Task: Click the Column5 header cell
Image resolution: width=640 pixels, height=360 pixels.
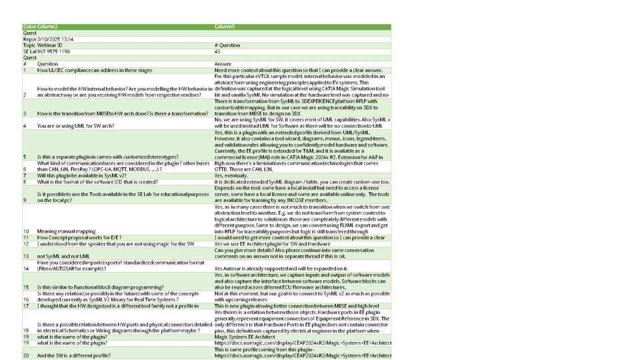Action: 225,27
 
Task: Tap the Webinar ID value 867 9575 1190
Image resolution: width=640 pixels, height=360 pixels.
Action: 53,51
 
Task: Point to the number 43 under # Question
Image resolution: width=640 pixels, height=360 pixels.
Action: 217,51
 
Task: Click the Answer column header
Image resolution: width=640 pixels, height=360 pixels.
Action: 223,64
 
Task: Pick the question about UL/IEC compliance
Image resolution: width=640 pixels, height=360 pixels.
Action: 95,70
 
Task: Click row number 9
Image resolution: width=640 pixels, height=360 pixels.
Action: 25,200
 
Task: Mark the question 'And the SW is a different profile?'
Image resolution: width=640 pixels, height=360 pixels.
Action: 73,356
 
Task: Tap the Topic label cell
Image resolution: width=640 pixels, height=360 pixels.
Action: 29,45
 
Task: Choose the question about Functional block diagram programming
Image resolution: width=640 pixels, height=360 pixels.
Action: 100,287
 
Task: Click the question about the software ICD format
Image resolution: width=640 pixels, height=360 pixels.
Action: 97,181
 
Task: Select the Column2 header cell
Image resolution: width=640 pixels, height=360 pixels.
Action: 47,27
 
